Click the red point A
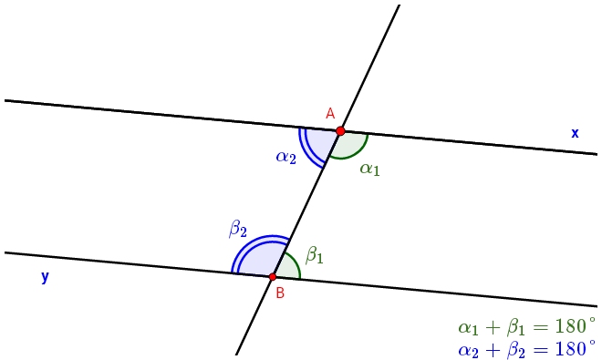[340, 131]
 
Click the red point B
[273, 276]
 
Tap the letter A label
[330, 113]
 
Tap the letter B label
[280, 293]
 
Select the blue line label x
[575, 133]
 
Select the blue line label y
[44, 277]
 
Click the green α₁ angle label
[369, 168]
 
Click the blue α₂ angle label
[286, 157]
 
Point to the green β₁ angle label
[314, 256]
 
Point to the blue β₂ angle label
[238, 229]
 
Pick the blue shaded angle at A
[320, 144]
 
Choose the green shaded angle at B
[286, 267]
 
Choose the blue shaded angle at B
[257, 260]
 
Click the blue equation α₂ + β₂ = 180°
[526, 348]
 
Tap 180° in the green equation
[573, 327]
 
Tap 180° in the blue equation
[573, 348]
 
